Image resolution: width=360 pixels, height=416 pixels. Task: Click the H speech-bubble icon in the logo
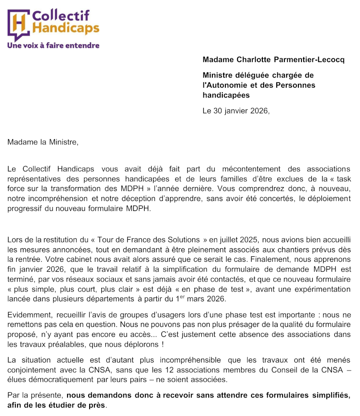(18, 25)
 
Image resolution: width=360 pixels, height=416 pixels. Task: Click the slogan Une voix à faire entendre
(53, 45)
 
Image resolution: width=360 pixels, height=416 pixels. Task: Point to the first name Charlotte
(248, 60)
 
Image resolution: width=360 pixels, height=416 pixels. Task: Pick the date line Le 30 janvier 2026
(236, 111)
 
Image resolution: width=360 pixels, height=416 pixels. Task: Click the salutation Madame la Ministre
(43, 143)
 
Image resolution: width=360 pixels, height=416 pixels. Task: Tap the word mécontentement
(260, 169)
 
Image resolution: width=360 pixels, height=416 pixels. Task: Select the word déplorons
(139, 345)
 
